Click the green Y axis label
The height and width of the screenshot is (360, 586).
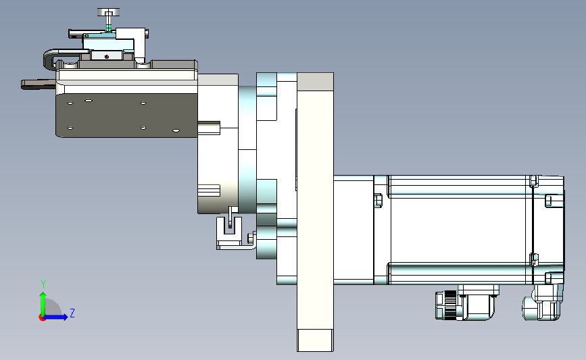43,284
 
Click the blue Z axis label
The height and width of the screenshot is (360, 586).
72,313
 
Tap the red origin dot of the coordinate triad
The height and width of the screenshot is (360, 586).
42,317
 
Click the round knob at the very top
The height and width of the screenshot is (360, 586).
108,12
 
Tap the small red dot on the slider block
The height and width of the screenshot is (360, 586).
107,57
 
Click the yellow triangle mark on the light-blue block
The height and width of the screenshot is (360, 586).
87,36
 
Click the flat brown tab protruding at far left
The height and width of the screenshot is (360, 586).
38,84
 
